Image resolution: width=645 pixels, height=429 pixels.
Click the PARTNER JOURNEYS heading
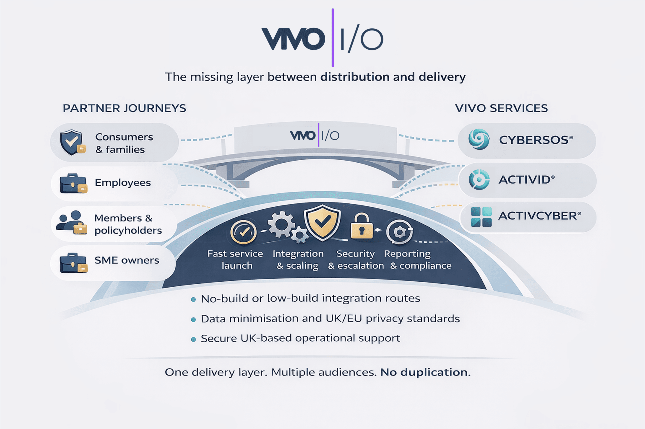pos(124,108)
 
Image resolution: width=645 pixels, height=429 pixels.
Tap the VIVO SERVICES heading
pos(501,108)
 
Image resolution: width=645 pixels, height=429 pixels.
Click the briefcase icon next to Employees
pos(73,183)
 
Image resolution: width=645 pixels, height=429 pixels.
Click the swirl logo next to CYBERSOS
pos(479,139)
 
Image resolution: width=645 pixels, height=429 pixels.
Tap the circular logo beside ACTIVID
pos(479,180)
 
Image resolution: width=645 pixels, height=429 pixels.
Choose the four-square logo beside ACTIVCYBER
pos(481,217)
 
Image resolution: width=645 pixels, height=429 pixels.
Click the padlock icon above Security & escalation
pos(362,226)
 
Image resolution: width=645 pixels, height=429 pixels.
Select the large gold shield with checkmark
pos(322,222)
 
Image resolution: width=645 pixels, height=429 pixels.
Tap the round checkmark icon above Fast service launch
pos(243,232)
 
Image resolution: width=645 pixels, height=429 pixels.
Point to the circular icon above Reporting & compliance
pos(399,232)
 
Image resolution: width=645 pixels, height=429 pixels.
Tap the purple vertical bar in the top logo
pos(333,38)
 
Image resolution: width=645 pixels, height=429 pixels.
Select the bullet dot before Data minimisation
pos(193,319)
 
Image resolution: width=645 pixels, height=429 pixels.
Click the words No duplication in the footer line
pos(425,372)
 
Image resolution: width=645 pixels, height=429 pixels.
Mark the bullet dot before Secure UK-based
pos(193,340)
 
